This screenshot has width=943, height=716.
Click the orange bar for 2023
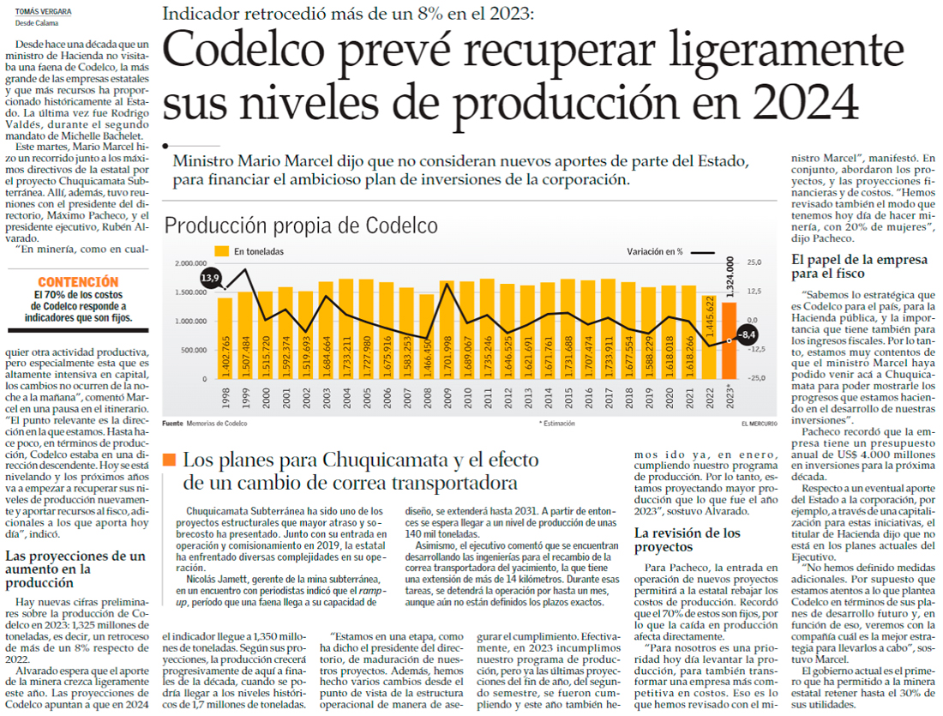(x=728, y=340)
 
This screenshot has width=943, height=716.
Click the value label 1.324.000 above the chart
(x=730, y=274)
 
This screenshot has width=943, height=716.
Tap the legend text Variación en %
(x=655, y=251)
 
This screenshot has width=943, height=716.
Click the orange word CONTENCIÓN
(x=78, y=281)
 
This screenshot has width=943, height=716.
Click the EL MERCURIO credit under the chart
(x=760, y=424)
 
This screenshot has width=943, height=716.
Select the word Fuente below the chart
(x=173, y=424)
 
